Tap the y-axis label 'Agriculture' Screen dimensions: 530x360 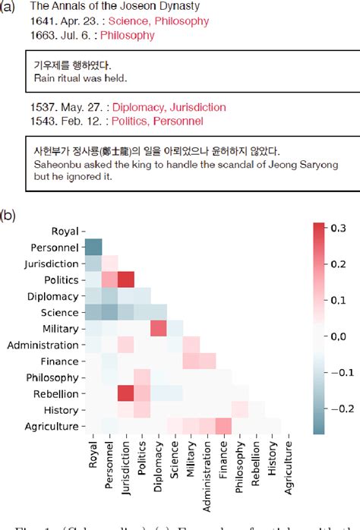pos(49,427)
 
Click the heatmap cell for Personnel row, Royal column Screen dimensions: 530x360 pos(93,248)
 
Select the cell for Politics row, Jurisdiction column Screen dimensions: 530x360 pos(126,280)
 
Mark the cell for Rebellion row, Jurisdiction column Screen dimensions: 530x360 pos(126,394)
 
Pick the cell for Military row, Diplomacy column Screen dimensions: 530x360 pos(159,329)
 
